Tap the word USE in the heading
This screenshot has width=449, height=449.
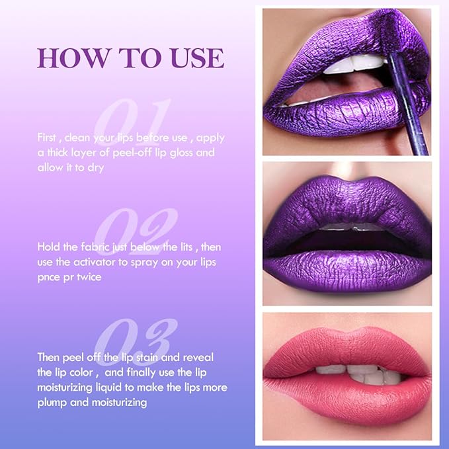point(198,58)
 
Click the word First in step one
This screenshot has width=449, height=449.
point(46,138)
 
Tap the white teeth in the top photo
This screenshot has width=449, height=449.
point(354,65)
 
